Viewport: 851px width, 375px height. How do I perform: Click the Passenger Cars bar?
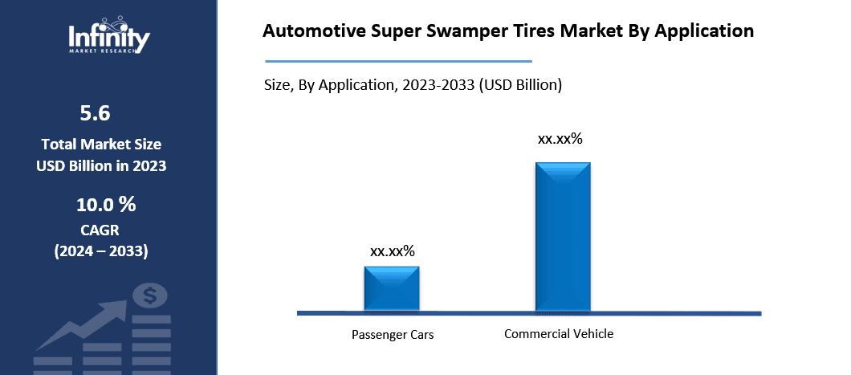(391, 288)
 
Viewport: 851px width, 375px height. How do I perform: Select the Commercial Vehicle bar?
(563, 237)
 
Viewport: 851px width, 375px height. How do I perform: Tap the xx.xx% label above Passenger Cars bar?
(393, 251)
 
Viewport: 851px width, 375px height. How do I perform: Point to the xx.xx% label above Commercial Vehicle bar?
(560, 139)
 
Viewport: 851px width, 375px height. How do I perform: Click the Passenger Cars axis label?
(393, 334)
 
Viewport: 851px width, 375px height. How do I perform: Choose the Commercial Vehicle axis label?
(559, 333)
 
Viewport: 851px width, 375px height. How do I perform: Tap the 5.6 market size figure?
(95, 113)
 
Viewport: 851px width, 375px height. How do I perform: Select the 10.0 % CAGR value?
(106, 205)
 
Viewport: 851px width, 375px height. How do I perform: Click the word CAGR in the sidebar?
(100, 230)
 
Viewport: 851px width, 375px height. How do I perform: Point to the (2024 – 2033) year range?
(101, 252)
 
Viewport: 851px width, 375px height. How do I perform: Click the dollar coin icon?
(150, 296)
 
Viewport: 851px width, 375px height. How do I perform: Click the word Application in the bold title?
(704, 31)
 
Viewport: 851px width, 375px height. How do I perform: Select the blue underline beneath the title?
(398, 61)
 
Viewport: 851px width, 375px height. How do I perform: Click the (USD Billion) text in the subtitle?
(520, 85)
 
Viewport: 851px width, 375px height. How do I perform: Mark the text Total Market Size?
(101, 145)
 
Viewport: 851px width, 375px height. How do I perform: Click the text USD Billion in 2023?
(101, 166)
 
